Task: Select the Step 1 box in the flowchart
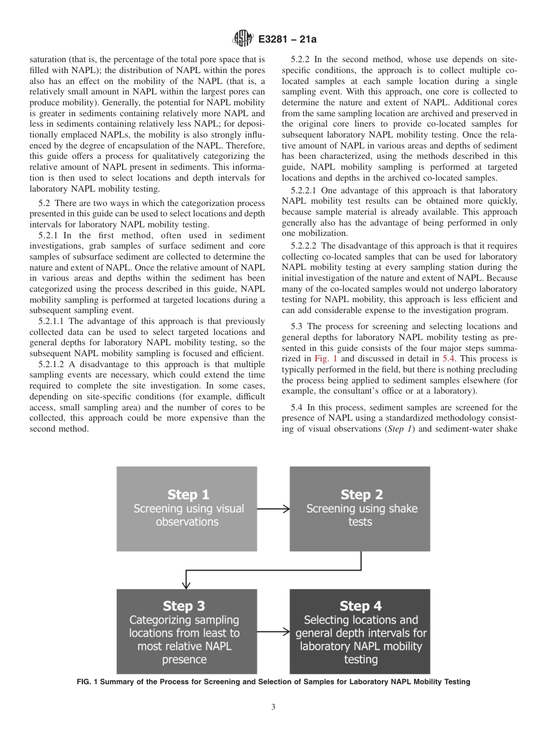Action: (187, 509)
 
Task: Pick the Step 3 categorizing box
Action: (187, 631)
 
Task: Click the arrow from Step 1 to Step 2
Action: (273, 509)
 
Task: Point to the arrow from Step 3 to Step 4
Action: (273, 631)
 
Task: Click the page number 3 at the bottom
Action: (273, 707)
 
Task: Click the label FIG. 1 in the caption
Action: (89, 682)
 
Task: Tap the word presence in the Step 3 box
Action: (184, 659)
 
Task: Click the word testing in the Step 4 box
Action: (360, 659)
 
